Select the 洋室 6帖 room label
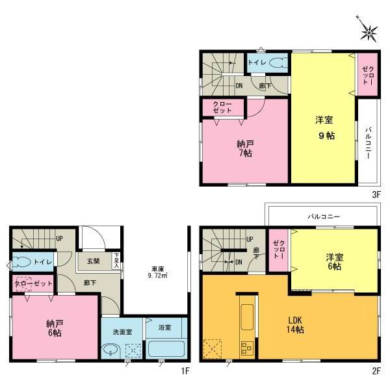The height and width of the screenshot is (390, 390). pyautogui.click(x=335, y=261)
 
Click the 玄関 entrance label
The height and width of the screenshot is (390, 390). pyautogui.click(x=93, y=262)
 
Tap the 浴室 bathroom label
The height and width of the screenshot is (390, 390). pyautogui.click(x=165, y=328)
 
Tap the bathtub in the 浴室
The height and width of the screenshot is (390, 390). pyautogui.click(x=166, y=349)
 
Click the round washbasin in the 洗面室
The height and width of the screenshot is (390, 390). pyautogui.click(x=112, y=350)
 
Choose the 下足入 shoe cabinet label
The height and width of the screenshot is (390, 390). pyautogui.click(x=116, y=261)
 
